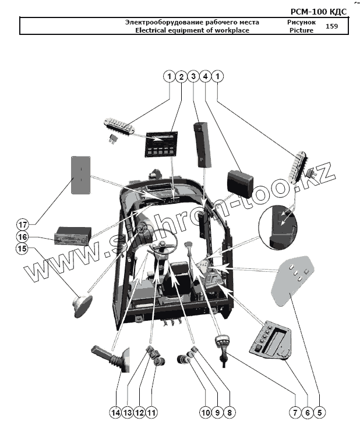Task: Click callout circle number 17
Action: pyautogui.click(x=22, y=225)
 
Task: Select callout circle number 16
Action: pyautogui.click(x=22, y=236)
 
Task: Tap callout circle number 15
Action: pyautogui.click(x=22, y=249)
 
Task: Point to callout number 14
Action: pyautogui.click(x=115, y=412)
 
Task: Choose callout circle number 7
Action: pyautogui.click(x=295, y=412)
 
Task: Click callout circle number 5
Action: pyautogui.click(x=320, y=412)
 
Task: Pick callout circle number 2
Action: pyautogui.click(x=181, y=76)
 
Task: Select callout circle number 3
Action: pyautogui.click(x=193, y=76)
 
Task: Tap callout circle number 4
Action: pyautogui.click(x=205, y=76)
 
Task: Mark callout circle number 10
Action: pyautogui.click(x=205, y=412)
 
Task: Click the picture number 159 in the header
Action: pyautogui.click(x=331, y=26)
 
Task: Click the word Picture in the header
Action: pyautogui.click(x=301, y=30)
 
